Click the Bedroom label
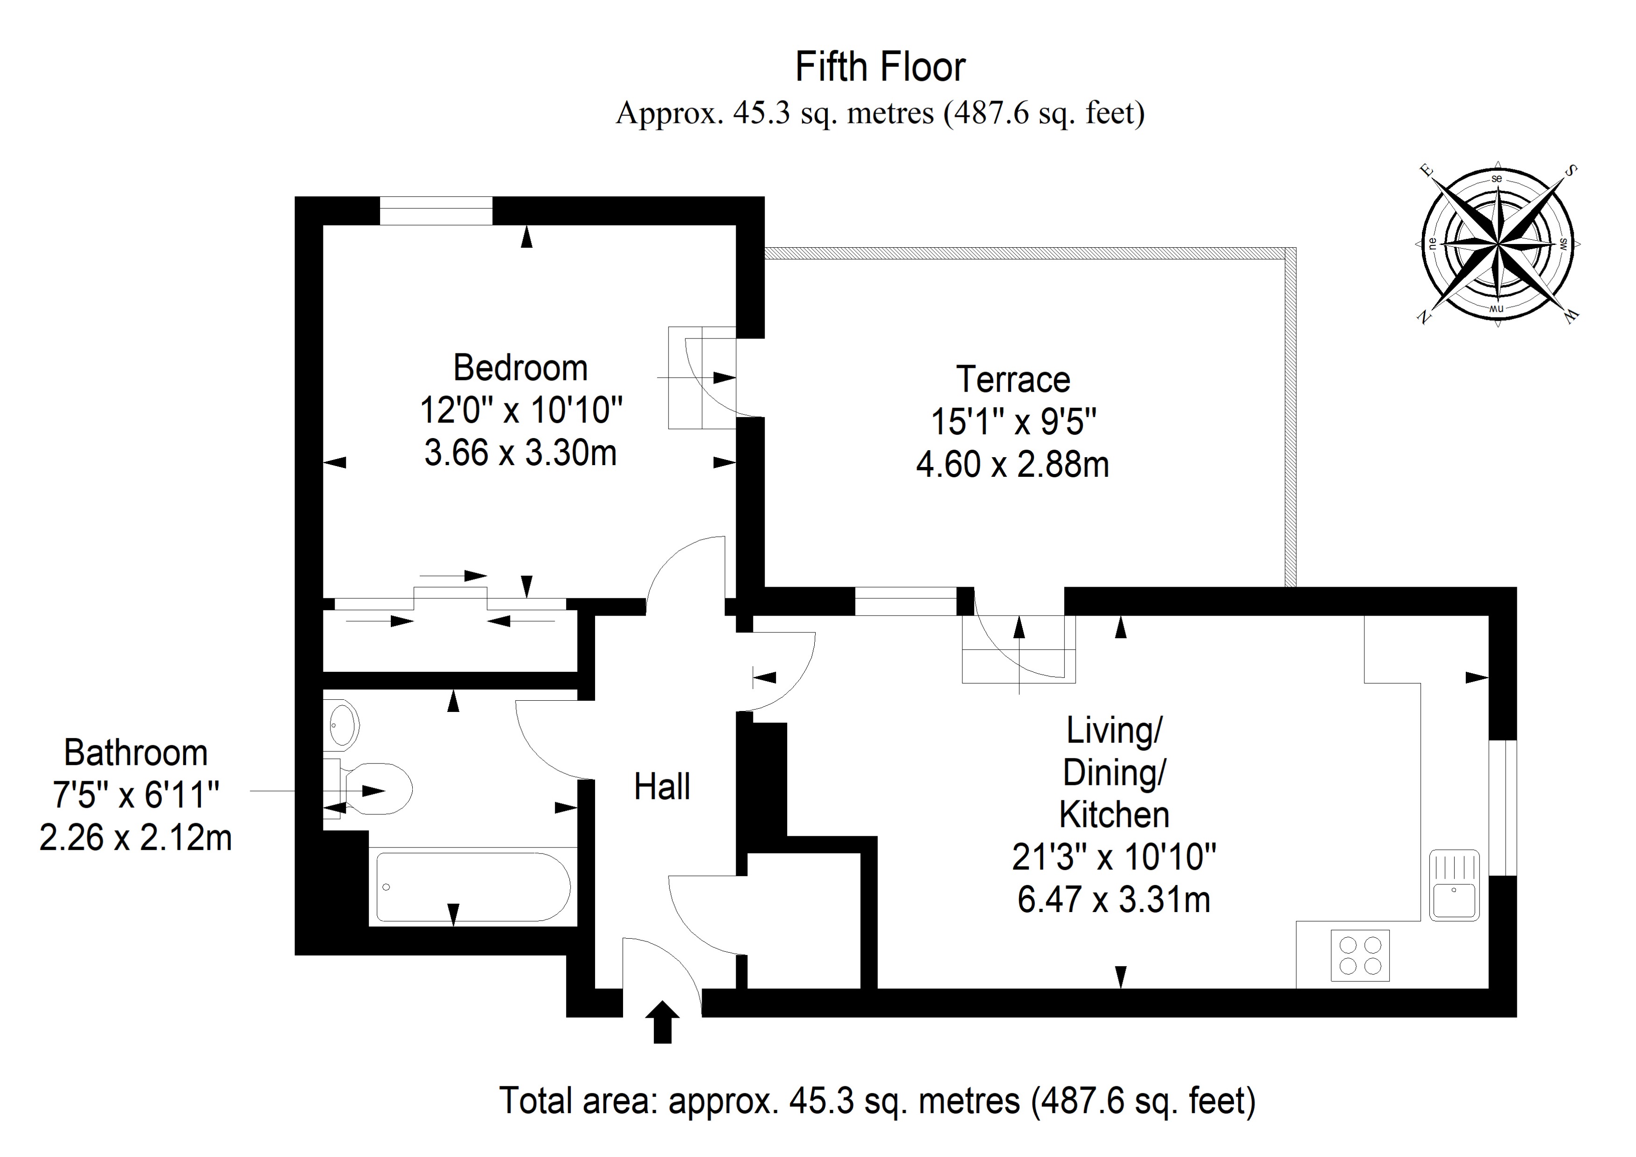520,368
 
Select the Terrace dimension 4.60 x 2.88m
1012,465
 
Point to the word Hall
662,787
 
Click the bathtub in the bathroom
473,887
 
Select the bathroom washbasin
343,725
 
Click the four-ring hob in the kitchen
1360,956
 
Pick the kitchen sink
1454,885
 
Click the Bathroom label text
136,753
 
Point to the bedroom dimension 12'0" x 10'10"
520,411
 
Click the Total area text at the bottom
876,1101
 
